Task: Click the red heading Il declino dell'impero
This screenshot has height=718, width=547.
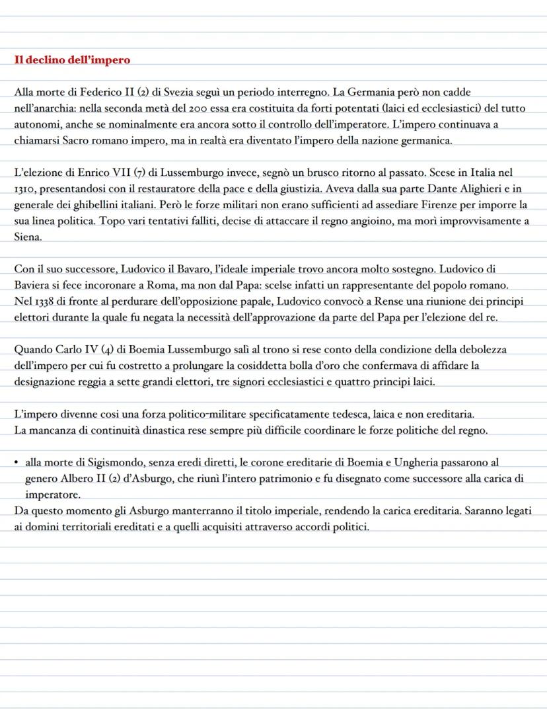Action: coord(72,60)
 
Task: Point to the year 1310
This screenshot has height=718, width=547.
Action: coord(25,188)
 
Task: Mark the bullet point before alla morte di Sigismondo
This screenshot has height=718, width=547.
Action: coord(17,463)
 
